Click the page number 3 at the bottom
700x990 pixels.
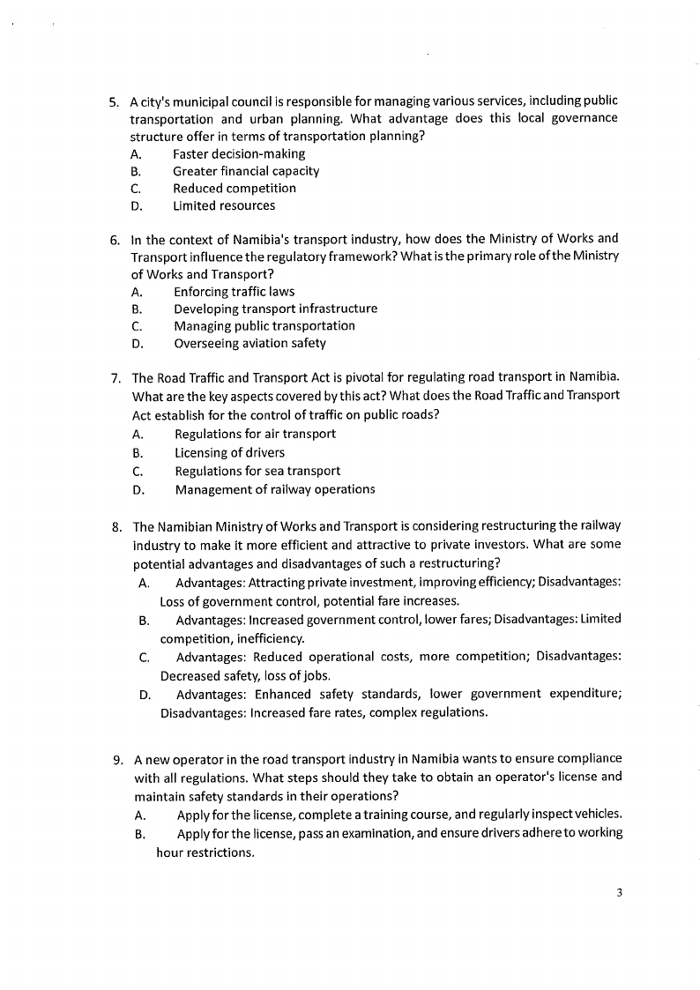[620, 893]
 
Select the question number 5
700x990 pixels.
[114, 101]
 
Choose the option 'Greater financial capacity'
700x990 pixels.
[246, 171]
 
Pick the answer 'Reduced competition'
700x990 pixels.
[235, 188]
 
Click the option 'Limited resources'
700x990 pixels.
[224, 205]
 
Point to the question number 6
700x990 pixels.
[115, 239]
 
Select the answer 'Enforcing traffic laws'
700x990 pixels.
[235, 291]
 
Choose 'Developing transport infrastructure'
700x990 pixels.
[275, 309]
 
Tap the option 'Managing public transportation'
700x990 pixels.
[264, 325]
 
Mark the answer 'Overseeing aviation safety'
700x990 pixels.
[249, 343]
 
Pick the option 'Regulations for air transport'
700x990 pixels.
[255, 434]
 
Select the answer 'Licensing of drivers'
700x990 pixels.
[229, 452]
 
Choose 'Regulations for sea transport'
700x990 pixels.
[257, 471]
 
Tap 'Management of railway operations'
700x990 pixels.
[275, 488]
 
